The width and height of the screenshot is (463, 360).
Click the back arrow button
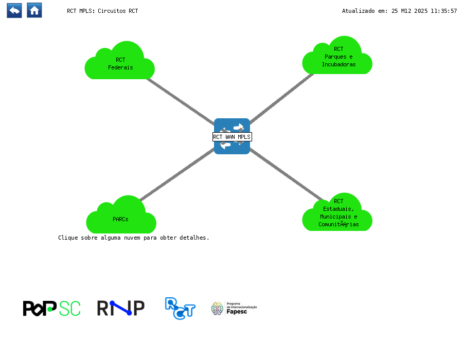point(14,10)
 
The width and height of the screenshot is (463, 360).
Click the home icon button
point(34,10)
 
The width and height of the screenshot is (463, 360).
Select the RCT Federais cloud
point(120,63)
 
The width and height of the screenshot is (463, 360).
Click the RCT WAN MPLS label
point(232,137)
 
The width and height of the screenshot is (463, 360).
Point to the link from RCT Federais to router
point(180,100)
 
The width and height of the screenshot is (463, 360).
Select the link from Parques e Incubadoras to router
point(282,98)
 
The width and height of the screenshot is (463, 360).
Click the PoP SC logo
point(51,308)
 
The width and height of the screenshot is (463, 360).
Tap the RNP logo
point(120,308)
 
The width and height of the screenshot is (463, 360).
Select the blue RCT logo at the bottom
point(180,308)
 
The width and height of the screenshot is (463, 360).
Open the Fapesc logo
point(234,308)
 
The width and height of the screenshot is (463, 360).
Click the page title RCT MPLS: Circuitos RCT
point(102,11)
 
